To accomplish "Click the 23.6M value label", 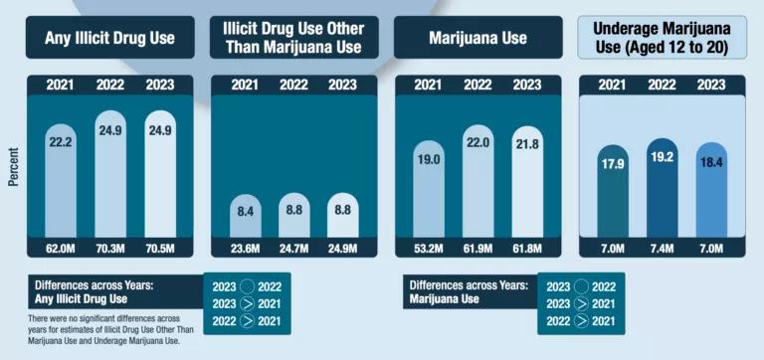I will pyautogui.click(x=244, y=249).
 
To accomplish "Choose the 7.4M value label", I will pyautogui.click(x=662, y=249).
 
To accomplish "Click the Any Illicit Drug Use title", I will pyautogui.click(x=109, y=39).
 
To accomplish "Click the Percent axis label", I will pyautogui.click(x=13, y=169).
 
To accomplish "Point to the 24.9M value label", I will pyautogui.click(x=342, y=249).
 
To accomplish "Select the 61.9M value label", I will pyautogui.click(x=477, y=249).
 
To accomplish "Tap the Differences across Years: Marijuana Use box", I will pyautogui.click(x=469, y=291).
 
